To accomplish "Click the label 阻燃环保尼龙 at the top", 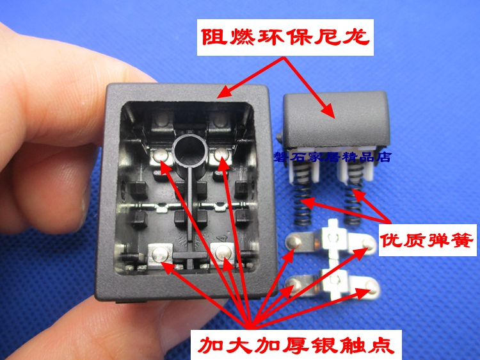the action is [285, 37].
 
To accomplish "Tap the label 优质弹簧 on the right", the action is [427, 240].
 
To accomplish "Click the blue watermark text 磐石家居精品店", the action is [332, 156].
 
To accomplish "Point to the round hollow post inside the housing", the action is [190, 151].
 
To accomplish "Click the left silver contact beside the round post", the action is [161, 156].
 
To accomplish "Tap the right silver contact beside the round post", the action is [221, 155].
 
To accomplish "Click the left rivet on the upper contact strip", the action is [294, 241].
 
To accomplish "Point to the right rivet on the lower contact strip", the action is [371, 287].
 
